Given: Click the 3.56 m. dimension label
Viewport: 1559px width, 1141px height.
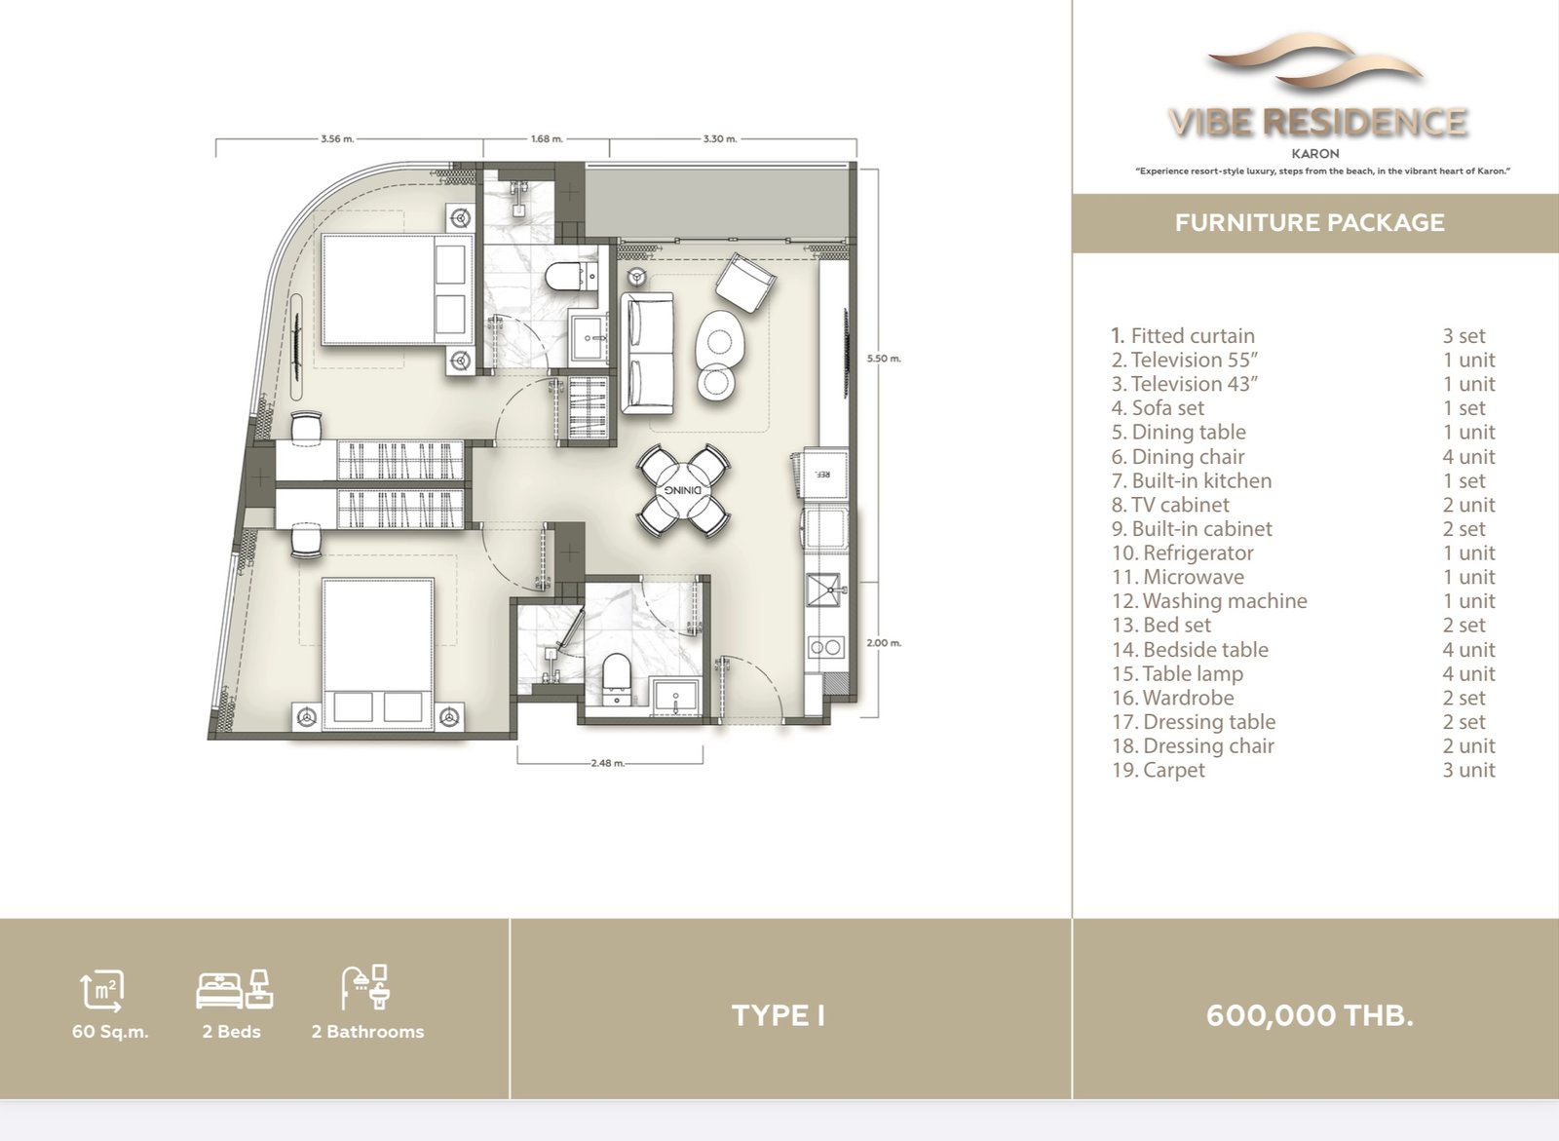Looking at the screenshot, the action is (x=337, y=138).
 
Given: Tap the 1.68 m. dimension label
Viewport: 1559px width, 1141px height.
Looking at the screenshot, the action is (x=547, y=138).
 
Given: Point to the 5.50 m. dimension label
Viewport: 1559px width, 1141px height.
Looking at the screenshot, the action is (x=884, y=359).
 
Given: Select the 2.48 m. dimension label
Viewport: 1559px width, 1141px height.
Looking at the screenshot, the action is (x=608, y=763).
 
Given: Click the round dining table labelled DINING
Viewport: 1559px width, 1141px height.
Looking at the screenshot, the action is (x=683, y=490).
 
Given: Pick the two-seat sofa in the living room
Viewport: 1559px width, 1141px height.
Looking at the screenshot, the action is (x=647, y=354).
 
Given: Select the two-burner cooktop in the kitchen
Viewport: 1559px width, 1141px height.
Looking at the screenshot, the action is (x=826, y=647).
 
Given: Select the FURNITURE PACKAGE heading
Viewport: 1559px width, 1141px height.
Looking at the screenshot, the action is (x=1310, y=223).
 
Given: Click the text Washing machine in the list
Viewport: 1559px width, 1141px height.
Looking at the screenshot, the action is (x=1225, y=601).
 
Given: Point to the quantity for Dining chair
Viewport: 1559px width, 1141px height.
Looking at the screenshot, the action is (x=1468, y=457).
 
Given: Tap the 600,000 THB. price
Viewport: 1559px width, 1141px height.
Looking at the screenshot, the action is (x=1310, y=1015).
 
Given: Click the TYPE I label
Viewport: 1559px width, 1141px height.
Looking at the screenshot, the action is (x=779, y=1015).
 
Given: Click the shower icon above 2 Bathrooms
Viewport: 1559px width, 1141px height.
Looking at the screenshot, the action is (x=364, y=987).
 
